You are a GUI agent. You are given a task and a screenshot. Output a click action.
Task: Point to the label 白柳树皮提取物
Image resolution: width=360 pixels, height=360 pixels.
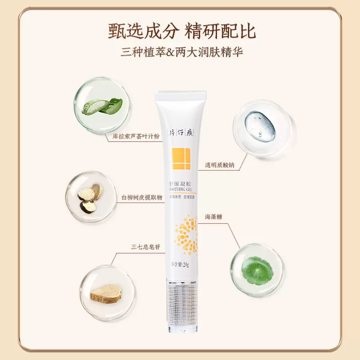pyautogui.click(x=141, y=197)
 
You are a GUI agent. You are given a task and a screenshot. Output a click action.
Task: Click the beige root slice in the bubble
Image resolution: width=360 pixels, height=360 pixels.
pyautogui.click(x=106, y=293)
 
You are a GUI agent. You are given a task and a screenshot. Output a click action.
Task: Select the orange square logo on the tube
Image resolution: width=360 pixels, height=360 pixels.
pyautogui.click(x=181, y=158)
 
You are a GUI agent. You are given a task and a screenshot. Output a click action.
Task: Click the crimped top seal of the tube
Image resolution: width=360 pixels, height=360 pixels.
pyautogui.click(x=180, y=95)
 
